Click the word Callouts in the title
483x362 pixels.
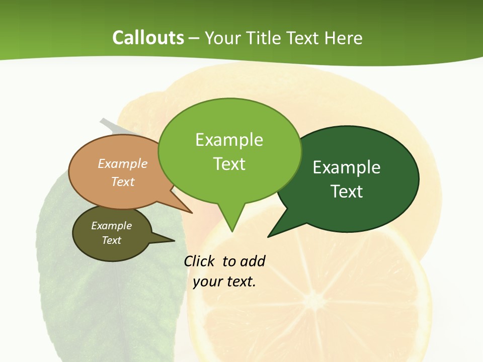(148, 38)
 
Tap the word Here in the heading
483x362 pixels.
(344, 38)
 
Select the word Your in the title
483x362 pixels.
(222, 38)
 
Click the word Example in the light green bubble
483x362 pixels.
(229, 140)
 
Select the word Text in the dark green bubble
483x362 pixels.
(347, 192)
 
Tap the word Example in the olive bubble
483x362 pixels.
(111, 226)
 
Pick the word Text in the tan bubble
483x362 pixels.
(123, 182)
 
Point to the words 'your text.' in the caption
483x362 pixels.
(224, 282)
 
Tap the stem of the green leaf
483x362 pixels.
(108, 125)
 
